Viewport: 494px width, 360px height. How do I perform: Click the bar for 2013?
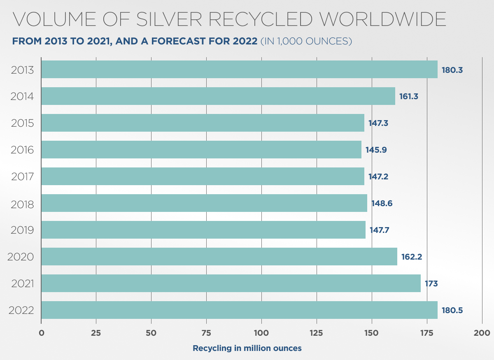(239, 70)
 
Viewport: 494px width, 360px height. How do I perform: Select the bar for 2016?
(201, 150)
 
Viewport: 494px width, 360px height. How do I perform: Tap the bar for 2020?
(219, 257)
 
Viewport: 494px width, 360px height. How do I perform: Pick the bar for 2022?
(239, 310)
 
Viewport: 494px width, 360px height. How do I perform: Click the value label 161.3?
(409, 97)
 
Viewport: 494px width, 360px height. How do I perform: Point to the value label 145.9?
(376, 150)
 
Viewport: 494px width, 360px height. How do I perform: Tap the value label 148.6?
(382, 203)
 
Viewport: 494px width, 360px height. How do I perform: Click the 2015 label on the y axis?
(22, 123)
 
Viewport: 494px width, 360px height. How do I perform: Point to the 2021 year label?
(22, 284)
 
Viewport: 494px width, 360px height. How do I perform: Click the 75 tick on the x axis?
(206, 332)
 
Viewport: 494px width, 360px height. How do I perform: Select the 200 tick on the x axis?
(482, 332)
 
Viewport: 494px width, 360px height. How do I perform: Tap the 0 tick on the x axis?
(41, 332)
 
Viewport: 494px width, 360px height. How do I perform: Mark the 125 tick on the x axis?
(317, 332)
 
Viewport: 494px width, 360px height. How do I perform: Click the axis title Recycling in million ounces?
(247, 348)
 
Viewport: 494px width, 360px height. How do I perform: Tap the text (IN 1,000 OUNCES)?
(306, 42)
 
